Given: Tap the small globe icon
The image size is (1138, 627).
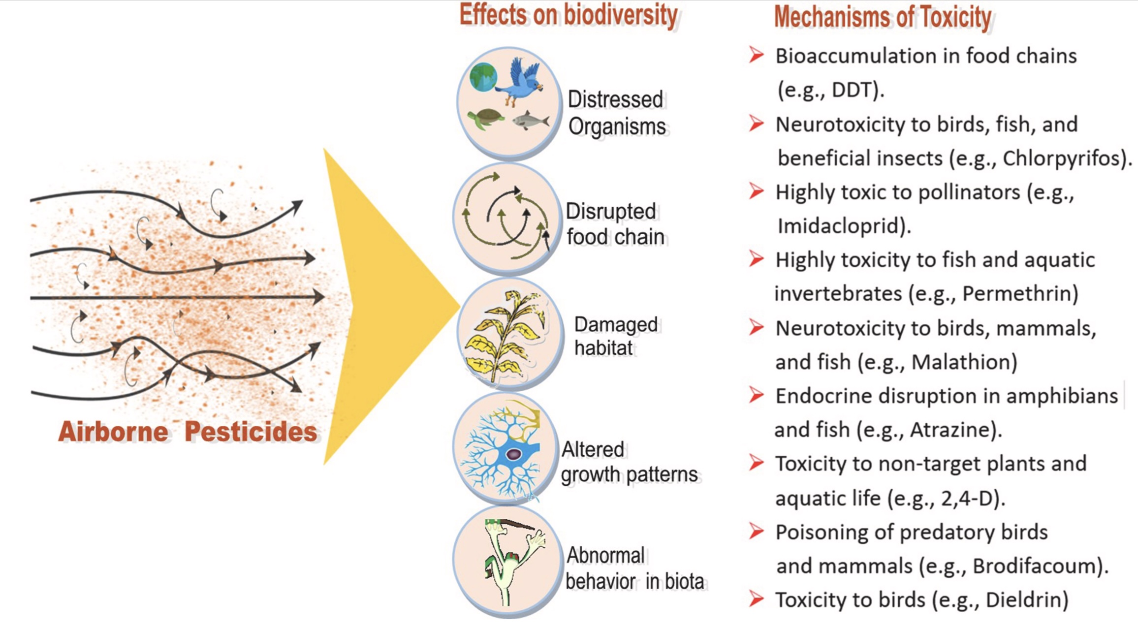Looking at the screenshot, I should (483, 77).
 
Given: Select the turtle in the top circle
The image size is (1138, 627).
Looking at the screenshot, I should (486, 119).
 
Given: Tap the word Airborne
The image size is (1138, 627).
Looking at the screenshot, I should (114, 432).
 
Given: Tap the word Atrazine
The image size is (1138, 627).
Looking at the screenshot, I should (949, 430).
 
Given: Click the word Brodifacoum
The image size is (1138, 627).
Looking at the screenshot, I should (1034, 566).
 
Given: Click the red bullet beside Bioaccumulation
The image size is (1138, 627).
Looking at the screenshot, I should (757, 55).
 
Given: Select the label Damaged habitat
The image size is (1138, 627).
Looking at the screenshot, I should (615, 336).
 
